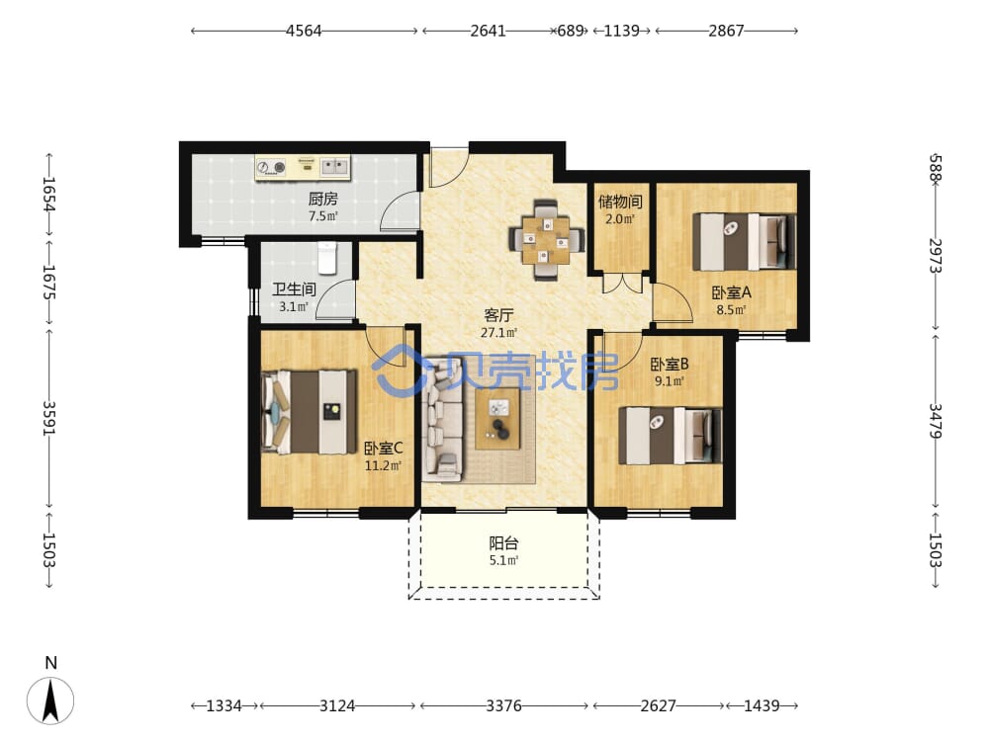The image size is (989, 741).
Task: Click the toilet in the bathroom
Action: [x=326, y=258]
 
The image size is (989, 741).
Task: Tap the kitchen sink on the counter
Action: [x=335, y=166]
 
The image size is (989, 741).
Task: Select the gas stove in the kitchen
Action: [x=272, y=167]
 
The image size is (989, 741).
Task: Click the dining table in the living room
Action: [x=546, y=239]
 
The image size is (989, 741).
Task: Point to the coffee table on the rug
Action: [x=497, y=418]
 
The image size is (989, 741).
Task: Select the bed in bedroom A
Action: [x=745, y=242]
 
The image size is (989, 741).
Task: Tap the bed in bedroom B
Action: [x=670, y=436]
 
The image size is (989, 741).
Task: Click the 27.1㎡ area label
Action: [x=498, y=332]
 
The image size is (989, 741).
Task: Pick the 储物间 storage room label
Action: [x=620, y=202]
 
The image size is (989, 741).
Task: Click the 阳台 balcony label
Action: [x=504, y=542]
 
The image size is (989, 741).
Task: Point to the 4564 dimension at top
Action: [x=304, y=31]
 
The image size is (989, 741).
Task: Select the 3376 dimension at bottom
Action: [x=503, y=705]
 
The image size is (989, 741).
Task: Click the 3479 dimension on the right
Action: [x=936, y=422]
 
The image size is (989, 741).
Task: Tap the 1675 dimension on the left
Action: [x=48, y=282]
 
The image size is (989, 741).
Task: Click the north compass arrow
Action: [x=50, y=700]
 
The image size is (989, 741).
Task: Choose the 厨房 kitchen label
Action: [x=323, y=200]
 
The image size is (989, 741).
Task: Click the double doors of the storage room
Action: [x=622, y=283]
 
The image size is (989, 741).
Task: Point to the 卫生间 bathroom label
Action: [x=294, y=289]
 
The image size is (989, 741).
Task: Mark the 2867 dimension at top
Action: [x=726, y=31]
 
